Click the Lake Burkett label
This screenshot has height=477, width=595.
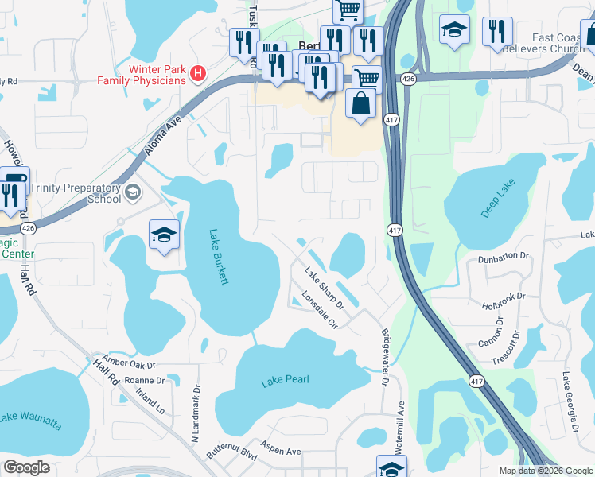[x=219, y=257]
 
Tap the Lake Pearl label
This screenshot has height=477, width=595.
[x=285, y=382]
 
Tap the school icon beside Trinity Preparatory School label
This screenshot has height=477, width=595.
[x=133, y=192]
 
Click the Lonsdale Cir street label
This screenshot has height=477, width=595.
[x=321, y=310]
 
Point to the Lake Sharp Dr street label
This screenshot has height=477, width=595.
[x=324, y=288]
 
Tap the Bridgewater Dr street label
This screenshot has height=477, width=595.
[x=385, y=358]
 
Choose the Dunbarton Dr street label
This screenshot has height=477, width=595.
[x=504, y=256]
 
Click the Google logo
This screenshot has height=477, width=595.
[x=26, y=467]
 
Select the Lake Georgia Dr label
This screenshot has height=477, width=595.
[x=571, y=404]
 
